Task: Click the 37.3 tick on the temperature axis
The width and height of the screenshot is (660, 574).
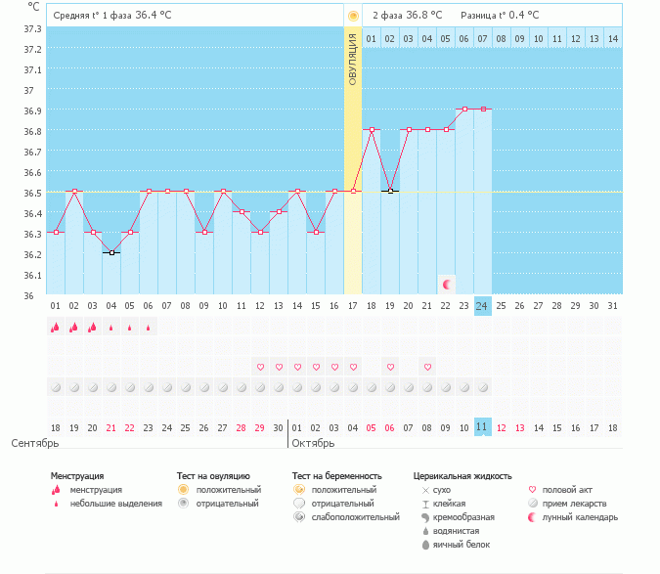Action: click(x=32, y=28)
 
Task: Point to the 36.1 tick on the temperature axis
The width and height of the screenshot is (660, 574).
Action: click(x=32, y=275)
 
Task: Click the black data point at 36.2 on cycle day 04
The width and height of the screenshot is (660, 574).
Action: click(x=111, y=253)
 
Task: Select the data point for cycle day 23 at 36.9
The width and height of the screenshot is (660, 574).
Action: click(x=464, y=109)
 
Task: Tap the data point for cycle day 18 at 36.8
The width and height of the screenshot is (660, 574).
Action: click(x=372, y=130)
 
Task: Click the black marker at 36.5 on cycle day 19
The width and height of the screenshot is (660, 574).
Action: click(x=390, y=192)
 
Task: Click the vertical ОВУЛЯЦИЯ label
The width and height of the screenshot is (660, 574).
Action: click(x=353, y=60)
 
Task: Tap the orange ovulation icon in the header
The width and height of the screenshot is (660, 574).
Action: click(x=353, y=16)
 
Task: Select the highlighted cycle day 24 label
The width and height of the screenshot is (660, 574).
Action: click(x=482, y=306)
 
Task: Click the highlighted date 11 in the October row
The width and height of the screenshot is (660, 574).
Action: click(x=482, y=427)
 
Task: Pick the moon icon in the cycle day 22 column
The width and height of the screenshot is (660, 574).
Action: click(x=447, y=285)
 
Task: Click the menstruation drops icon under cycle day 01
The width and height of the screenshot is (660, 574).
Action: click(x=55, y=327)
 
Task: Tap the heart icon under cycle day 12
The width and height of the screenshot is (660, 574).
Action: click(x=260, y=367)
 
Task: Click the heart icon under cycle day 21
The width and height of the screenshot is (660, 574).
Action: click(x=427, y=367)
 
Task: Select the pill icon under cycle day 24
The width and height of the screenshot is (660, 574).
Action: click(x=483, y=387)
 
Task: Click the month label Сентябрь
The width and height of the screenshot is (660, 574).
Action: click(x=35, y=443)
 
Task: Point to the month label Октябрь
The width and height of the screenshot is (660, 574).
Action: click(x=313, y=443)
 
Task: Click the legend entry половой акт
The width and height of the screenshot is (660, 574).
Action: click(x=567, y=490)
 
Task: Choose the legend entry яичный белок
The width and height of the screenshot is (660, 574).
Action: click(x=462, y=545)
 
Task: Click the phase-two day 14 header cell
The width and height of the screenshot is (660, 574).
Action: click(x=613, y=39)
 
